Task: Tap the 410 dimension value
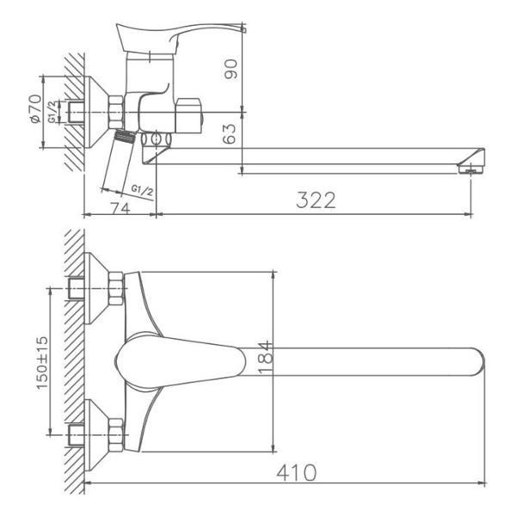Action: pos(295,473)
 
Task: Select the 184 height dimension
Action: pos(266,359)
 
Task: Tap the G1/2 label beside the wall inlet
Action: pos(53,113)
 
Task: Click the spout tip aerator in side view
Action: pos(470,169)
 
